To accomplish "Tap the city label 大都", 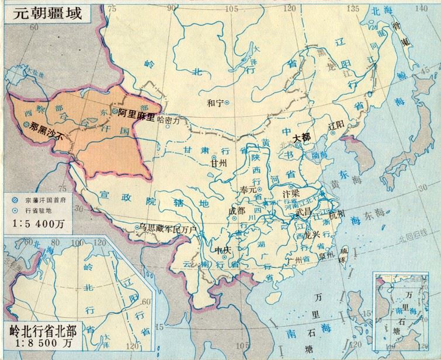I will pos(303,136).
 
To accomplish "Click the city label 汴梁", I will pos(290,193).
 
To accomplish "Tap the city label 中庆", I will pos(224,251).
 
